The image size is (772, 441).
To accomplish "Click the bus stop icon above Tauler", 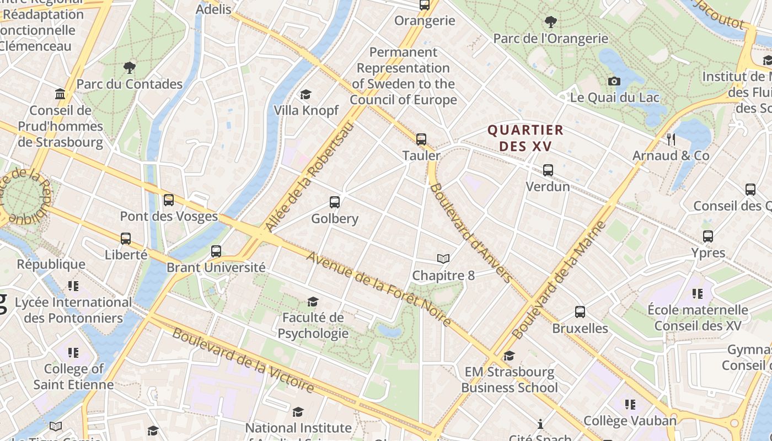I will (421, 139).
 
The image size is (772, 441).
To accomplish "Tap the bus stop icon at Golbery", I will (335, 202).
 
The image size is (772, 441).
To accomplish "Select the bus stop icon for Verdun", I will (548, 170).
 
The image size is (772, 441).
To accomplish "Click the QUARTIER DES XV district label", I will (526, 138).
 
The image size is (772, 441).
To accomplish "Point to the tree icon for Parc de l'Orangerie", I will (550, 22).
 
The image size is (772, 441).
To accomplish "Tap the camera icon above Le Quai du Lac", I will (614, 82).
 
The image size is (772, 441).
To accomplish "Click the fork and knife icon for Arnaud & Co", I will (671, 139).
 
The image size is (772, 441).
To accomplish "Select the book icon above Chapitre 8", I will (443, 259).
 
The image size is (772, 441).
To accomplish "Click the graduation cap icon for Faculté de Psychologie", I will (313, 302).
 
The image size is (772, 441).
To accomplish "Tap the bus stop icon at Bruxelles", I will (580, 312).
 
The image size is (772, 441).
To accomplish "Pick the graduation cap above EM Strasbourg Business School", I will (509, 356).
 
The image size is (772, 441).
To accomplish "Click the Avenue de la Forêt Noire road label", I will (379, 289).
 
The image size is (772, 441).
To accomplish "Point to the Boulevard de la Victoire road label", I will (243, 361).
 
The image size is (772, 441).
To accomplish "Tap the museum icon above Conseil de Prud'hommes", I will (60, 94).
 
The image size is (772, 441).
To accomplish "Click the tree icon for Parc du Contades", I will (130, 68).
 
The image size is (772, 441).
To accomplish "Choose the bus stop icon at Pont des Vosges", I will (169, 200).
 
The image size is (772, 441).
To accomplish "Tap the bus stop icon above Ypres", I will (708, 236).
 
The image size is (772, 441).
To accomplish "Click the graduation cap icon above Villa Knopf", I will (305, 94).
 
